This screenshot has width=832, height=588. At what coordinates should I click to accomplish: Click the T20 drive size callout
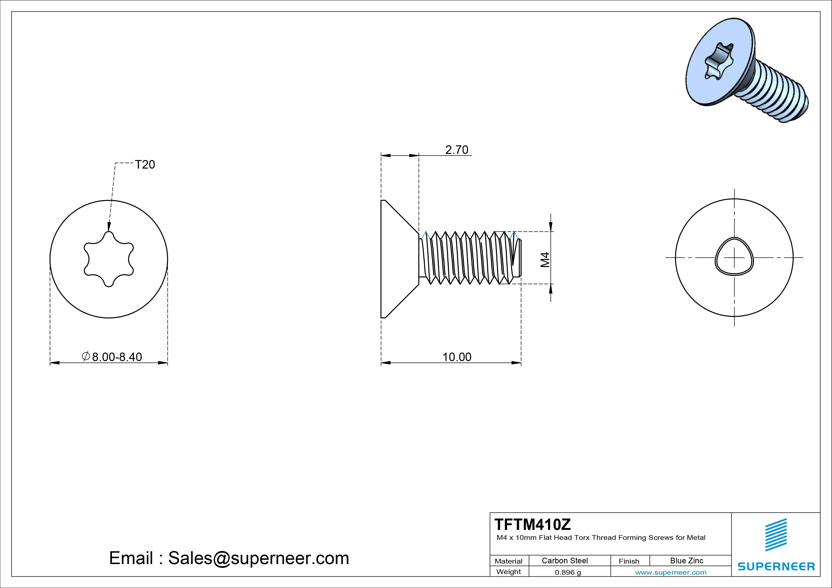click(x=145, y=165)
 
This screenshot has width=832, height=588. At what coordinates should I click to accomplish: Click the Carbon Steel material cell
click(x=564, y=560)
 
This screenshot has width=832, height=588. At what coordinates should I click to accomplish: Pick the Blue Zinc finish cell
click(x=686, y=560)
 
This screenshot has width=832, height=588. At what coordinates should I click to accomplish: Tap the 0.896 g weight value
click(x=568, y=572)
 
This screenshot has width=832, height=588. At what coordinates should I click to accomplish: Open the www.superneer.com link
click(x=670, y=572)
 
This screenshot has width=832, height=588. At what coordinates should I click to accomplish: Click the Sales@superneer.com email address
click(x=258, y=558)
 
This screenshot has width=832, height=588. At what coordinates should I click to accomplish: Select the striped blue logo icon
click(x=776, y=534)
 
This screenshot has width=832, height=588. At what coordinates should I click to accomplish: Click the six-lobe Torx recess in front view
click(x=109, y=259)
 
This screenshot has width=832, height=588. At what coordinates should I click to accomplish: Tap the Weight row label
click(x=508, y=572)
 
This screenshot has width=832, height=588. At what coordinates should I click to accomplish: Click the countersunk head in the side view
click(x=397, y=259)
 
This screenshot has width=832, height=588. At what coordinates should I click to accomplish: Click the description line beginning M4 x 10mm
click(x=601, y=538)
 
